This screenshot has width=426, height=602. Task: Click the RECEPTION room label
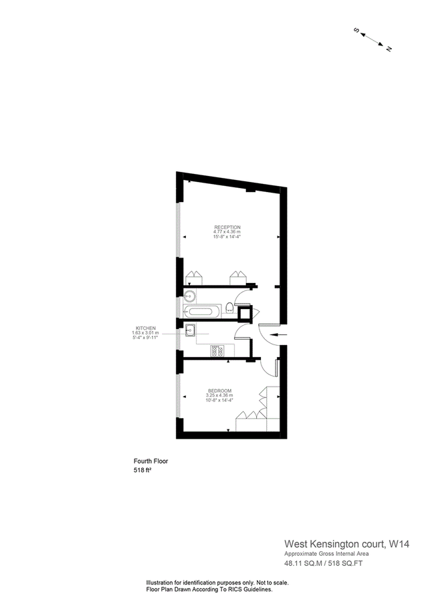[227, 227]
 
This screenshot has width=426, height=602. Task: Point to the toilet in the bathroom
[230, 308]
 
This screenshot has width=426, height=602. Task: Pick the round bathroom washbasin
[190, 296]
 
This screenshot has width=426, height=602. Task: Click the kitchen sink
[191, 328]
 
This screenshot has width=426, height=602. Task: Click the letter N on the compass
[389, 48]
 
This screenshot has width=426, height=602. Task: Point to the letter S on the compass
[356, 30]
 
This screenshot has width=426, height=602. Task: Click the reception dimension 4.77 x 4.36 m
[227, 232]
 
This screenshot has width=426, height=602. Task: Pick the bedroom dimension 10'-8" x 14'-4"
[219, 401]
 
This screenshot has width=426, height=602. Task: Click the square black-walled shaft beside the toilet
[244, 312]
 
